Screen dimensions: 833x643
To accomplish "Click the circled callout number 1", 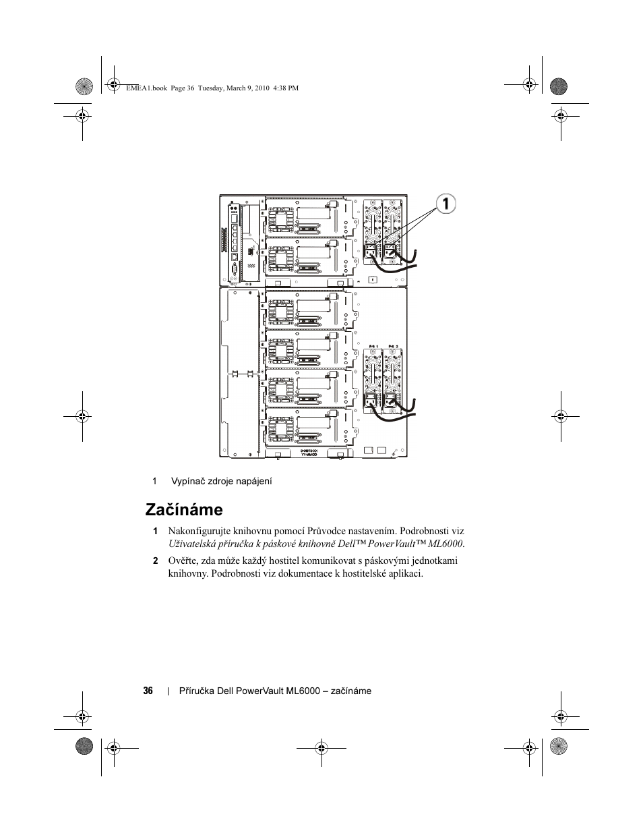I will (446, 204).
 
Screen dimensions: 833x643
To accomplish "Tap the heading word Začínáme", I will (183, 509).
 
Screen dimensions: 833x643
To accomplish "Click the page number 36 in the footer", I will (148, 691).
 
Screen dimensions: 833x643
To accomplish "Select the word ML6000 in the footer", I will (302, 691).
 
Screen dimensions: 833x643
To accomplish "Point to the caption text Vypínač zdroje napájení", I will (221, 481).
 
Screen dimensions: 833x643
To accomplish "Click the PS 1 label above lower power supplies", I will (374, 345).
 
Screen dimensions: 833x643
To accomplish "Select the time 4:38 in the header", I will (281, 88).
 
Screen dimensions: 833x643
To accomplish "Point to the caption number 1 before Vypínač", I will (154, 481).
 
